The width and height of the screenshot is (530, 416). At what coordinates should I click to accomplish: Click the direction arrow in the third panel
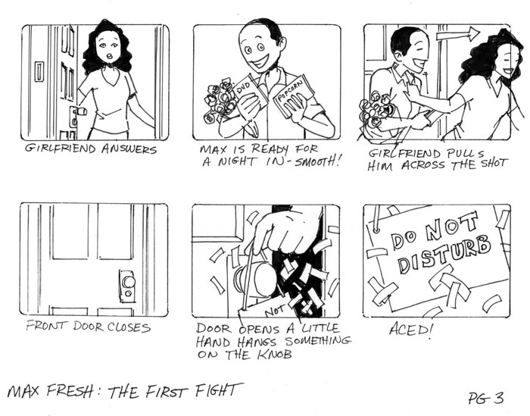(x=458, y=34)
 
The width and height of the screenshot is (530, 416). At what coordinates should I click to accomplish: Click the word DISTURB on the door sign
(x=444, y=254)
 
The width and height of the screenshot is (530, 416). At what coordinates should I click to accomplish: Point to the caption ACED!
(x=410, y=329)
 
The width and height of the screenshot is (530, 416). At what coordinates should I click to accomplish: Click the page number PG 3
(x=486, y=397)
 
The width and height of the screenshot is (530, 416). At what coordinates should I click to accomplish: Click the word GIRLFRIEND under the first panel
(x=61, y=149)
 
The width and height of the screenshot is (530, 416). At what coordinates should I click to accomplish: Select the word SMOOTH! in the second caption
(x=316, y=161)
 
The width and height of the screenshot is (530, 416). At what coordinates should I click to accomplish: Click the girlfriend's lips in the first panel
(x=109, y=56)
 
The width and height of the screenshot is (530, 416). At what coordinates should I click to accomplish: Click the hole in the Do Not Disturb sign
(x=376, y=230)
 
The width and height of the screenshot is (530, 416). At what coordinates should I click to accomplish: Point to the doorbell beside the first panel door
(x=39, y=71)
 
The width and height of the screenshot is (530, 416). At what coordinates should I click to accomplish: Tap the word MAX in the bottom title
(x=25, y=391)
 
